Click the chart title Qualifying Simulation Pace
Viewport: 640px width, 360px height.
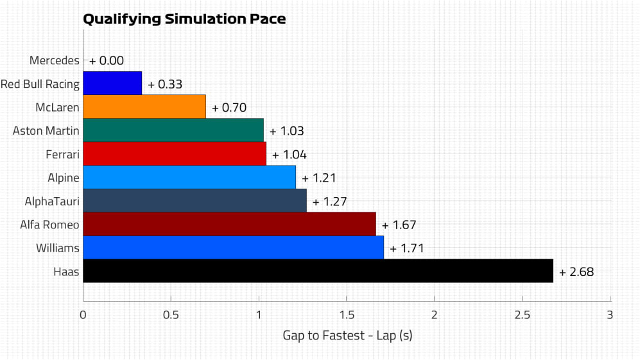coord(184,19)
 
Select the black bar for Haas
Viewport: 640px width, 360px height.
coord(318,271)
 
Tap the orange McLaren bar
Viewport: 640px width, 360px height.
coord(144,107)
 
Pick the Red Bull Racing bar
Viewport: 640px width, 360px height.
coord(112,83)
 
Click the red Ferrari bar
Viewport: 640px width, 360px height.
coord(175,154)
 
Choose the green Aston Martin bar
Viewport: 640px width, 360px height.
coord(173,130)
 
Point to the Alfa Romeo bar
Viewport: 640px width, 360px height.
coord(229,224)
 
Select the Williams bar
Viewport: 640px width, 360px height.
coord(233,248)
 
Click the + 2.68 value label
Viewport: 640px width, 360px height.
coord(576,272)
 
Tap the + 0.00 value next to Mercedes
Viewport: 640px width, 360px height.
coord(107,61)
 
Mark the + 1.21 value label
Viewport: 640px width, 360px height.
coord(319,178)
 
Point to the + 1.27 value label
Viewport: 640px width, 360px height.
coord(330,201)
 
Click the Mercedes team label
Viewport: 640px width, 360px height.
coord(55,60)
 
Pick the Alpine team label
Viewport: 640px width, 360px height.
coord(64,177)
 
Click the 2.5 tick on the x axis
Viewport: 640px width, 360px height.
coord(522,315)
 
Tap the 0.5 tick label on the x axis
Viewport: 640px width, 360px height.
coord(171,315)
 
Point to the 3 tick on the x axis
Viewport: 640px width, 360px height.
coord(610,315)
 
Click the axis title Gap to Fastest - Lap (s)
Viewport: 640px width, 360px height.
coord(347,336)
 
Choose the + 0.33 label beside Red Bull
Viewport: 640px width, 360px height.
coord(165,85)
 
